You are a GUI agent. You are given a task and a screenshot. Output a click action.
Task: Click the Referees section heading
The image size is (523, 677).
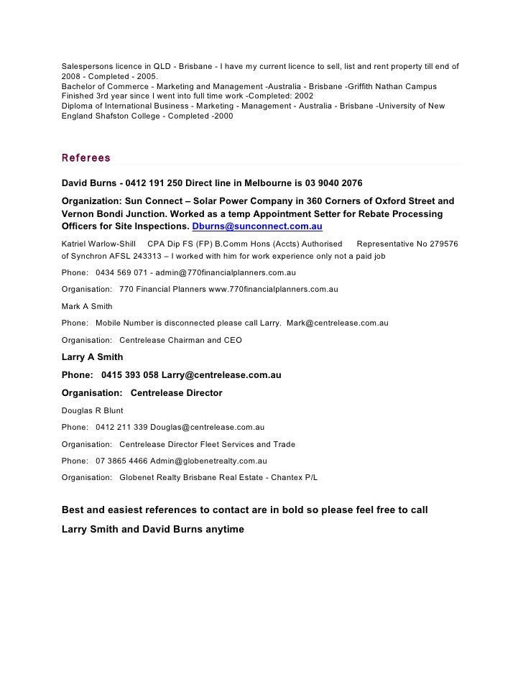click(86, 157)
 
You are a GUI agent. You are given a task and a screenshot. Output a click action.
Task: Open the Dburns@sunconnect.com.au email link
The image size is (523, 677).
click(257, 226)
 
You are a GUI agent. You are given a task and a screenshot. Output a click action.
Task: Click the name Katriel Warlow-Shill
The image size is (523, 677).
click(98, 244)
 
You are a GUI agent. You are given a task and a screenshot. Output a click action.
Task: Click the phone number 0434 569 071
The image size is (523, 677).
click(122, 273)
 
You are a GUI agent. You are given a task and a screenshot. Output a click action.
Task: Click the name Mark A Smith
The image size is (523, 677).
click(87, 305)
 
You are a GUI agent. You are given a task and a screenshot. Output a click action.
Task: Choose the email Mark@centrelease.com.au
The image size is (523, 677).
click(337, 323)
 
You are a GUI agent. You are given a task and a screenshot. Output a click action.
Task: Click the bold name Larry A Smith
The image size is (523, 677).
click(93, 356)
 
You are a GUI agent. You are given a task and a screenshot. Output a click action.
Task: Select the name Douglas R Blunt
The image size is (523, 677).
click(93, 410)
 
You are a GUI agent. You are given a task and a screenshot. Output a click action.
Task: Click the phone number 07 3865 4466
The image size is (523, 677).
click(121, 461)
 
